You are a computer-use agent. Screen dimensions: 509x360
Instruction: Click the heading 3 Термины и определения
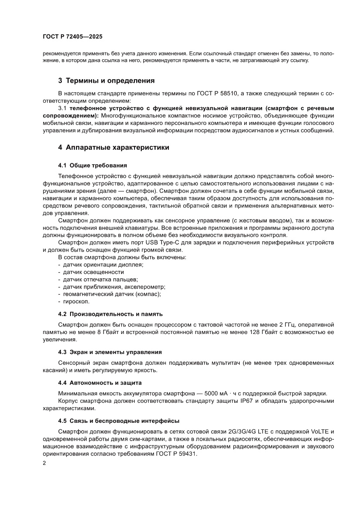[106, 81]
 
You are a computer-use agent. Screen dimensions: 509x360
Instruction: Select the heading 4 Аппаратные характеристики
[114, 148]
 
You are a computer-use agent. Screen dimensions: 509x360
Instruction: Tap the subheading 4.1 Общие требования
[92, 165]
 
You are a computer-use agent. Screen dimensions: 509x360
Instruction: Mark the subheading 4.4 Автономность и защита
[100, 383]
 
